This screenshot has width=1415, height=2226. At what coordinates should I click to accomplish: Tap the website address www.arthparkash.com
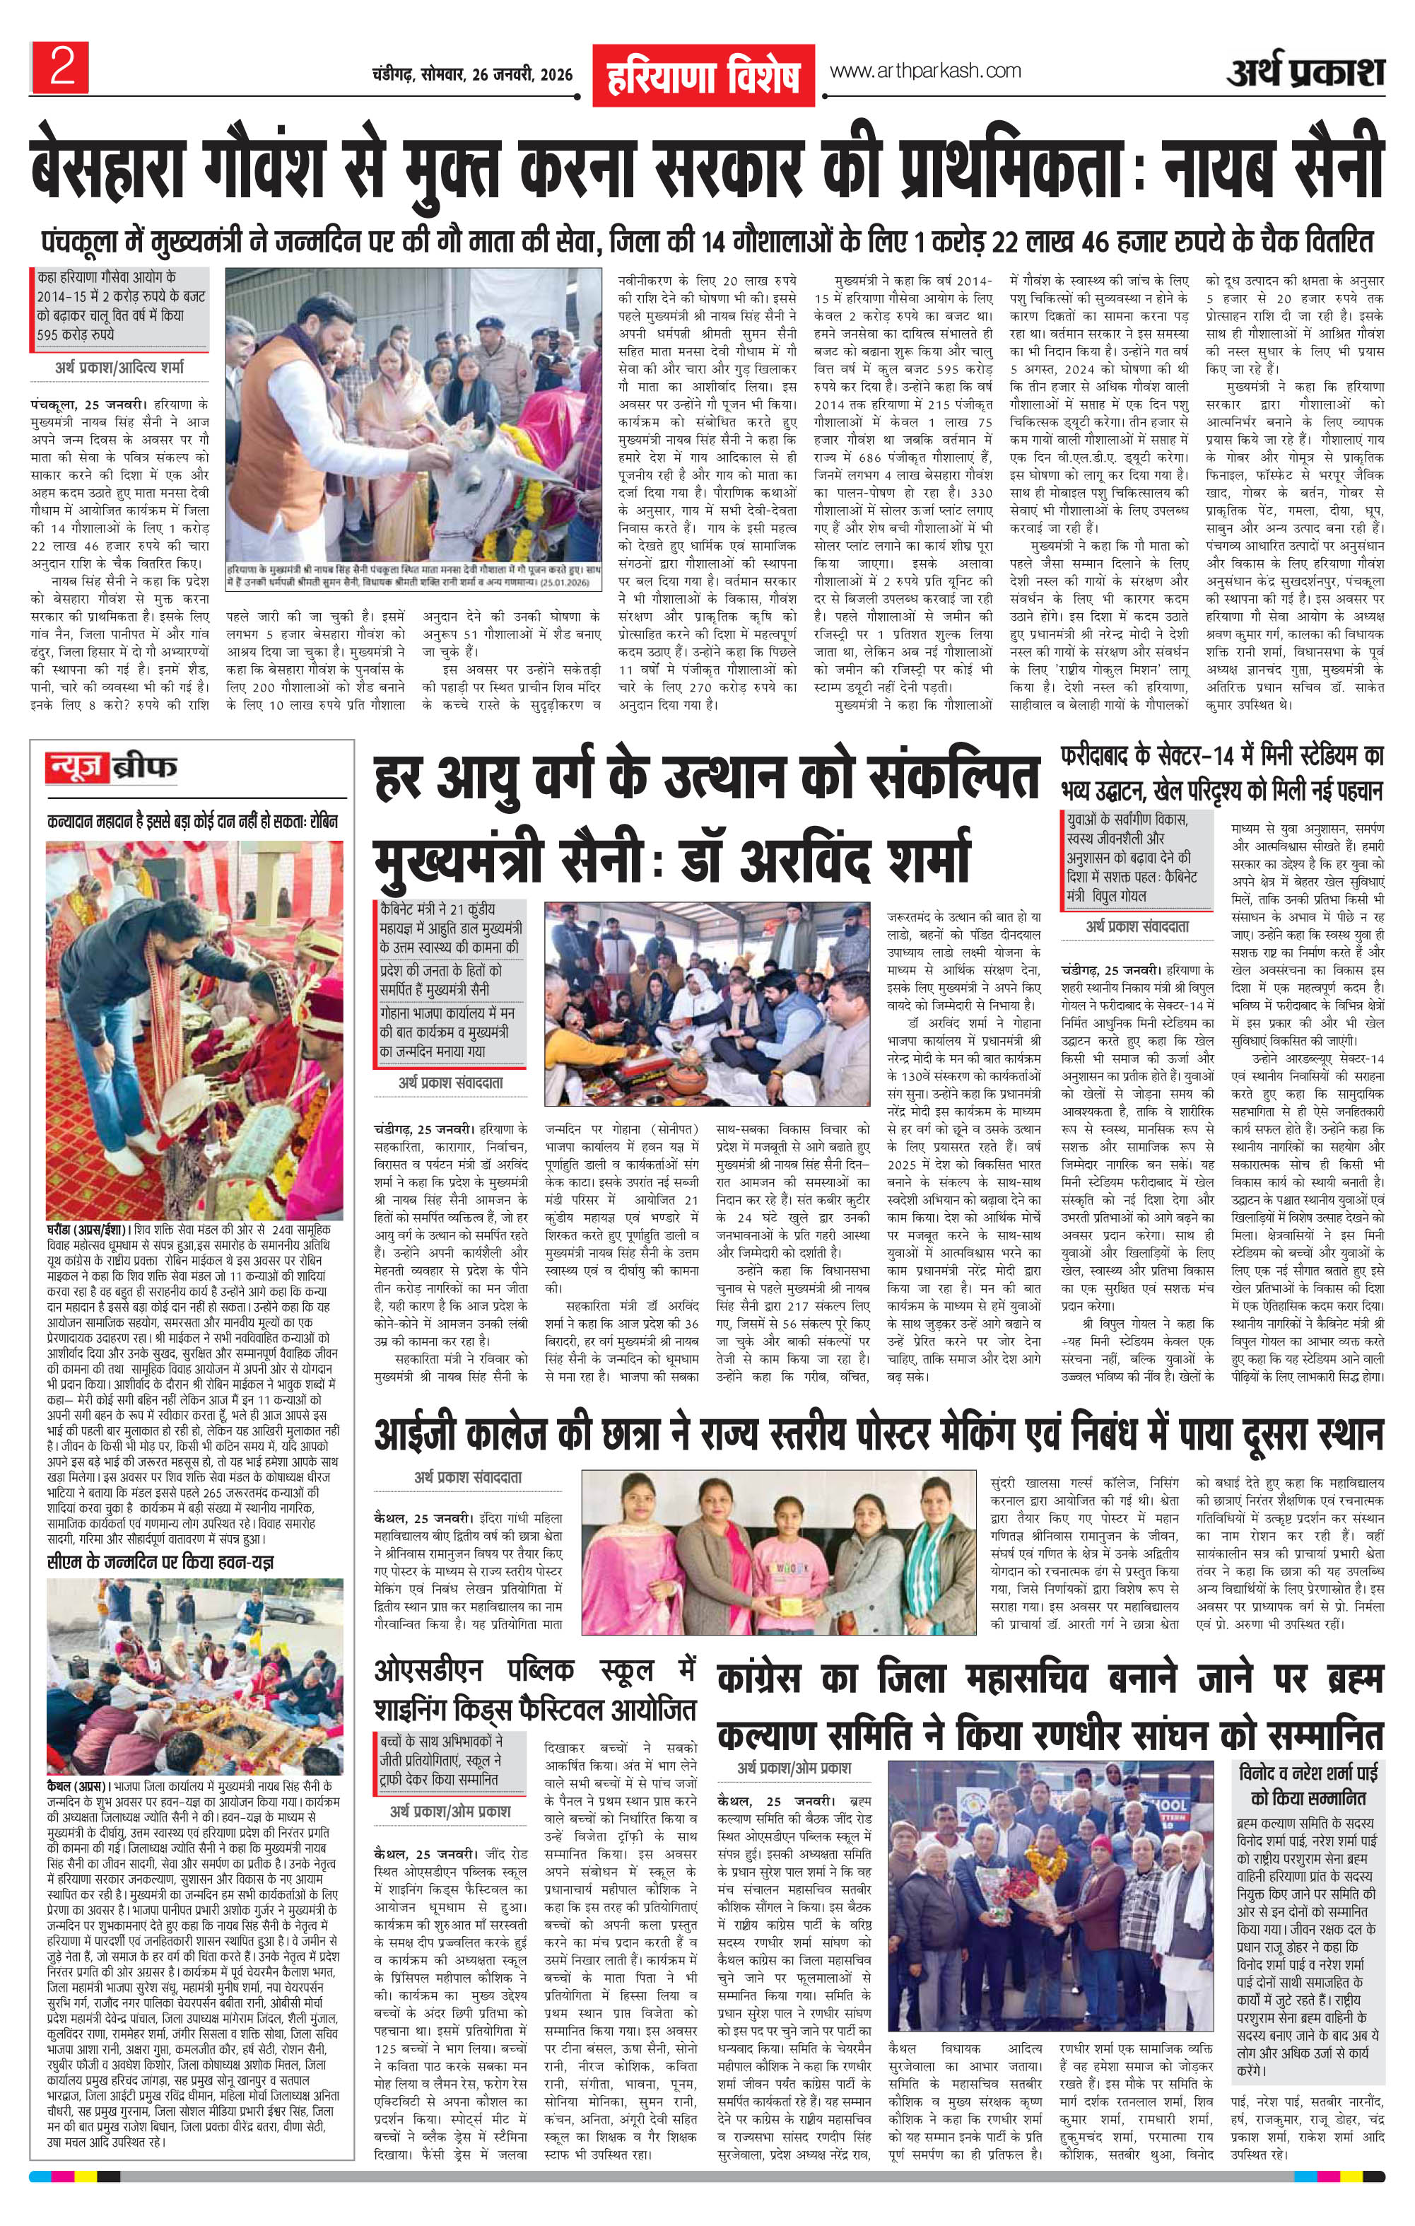click(924, 71)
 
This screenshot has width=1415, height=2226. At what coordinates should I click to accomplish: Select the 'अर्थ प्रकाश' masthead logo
click(1305, 71)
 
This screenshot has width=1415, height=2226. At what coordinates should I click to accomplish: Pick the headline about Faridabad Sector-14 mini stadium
click(1222, 773)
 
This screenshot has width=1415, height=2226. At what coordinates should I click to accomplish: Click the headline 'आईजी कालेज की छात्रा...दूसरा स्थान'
click(878, 1435)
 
